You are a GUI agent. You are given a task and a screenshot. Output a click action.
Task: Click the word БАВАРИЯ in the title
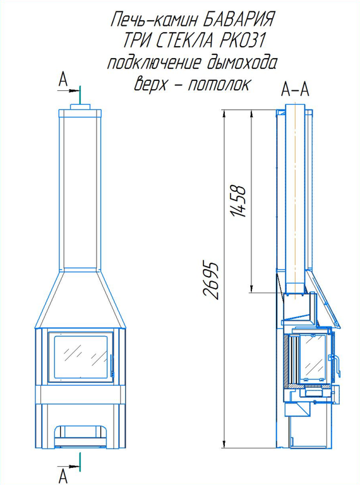pyautogui.click(x=235, y=20)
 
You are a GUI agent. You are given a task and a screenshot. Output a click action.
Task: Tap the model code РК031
pyautogui.click(x=242, y=40)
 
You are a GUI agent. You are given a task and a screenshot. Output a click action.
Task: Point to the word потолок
pyautogui.click(x=219, y=83)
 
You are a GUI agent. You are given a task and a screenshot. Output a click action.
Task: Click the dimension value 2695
pyautogui.click(x=212, y=282)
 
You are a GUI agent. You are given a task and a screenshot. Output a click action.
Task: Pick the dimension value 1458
pyautogui.click(x=239, y=201)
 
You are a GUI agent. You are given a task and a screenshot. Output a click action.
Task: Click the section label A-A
pyautogui.click(x=295, y=90)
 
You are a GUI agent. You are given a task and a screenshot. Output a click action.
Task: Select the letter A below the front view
pyautogui.click(x=63, y=476)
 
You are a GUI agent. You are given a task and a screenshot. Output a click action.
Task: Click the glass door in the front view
pyautogui.click(x=81, y=357)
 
